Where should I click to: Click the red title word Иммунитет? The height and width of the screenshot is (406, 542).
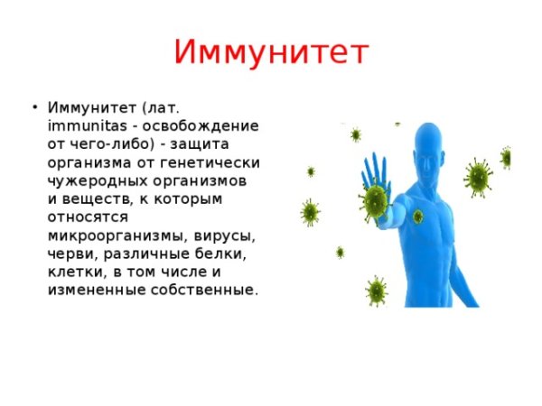pyautogui.click(x=271, y=52)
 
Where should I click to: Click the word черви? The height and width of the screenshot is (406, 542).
pyautogui.click(x=69, y=254)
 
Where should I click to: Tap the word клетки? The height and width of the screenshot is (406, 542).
pyautogui.click(x=71, y=272)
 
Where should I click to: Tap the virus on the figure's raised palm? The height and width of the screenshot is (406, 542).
pyautogui.click(x=373, y=200)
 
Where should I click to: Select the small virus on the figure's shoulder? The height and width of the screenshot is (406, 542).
pyautogui.click(x=417, y=217)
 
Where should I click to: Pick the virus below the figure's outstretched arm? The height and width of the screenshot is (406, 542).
pyautogui.click(x=376, y=291)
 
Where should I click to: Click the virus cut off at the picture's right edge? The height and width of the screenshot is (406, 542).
pyautogui.click(x=506, y=157)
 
